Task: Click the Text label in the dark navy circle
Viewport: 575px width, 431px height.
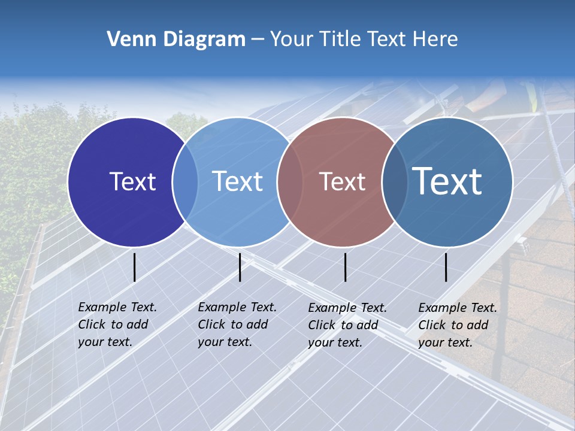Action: pos(132,181)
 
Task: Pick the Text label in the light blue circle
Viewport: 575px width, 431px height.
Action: pos(238,181)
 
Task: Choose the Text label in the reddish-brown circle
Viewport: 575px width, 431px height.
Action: pos(342,181)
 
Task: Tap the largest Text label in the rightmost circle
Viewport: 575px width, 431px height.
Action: pos(447,181)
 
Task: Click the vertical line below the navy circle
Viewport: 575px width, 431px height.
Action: pos(135,267)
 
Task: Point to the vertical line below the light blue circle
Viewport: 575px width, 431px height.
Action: pos(240,267)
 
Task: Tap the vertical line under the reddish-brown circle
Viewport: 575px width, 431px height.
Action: pos(346,267)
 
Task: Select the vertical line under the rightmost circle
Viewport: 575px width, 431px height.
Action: pos(446,267)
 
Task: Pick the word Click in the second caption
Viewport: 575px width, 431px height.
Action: pos(211,324)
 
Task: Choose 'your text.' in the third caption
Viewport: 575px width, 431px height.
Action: pos(335,342)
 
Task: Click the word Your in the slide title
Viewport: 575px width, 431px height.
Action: pos(292,40)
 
